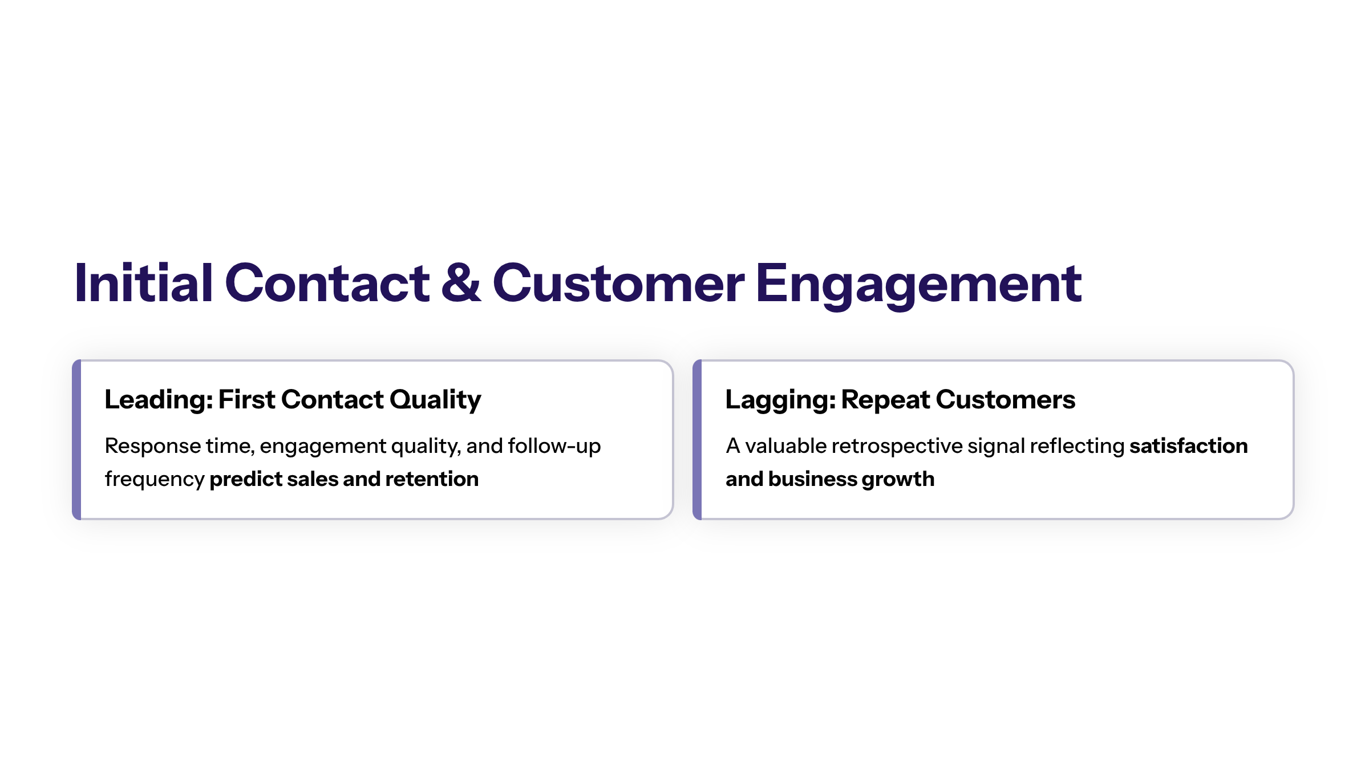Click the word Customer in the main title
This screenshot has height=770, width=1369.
coord(618,283)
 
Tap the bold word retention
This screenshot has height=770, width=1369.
coord(432,479)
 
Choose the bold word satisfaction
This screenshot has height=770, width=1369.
coord(1189,445)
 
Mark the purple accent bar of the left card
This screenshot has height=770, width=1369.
coord(76,440)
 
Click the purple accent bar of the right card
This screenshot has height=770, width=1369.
coord(697,440)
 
